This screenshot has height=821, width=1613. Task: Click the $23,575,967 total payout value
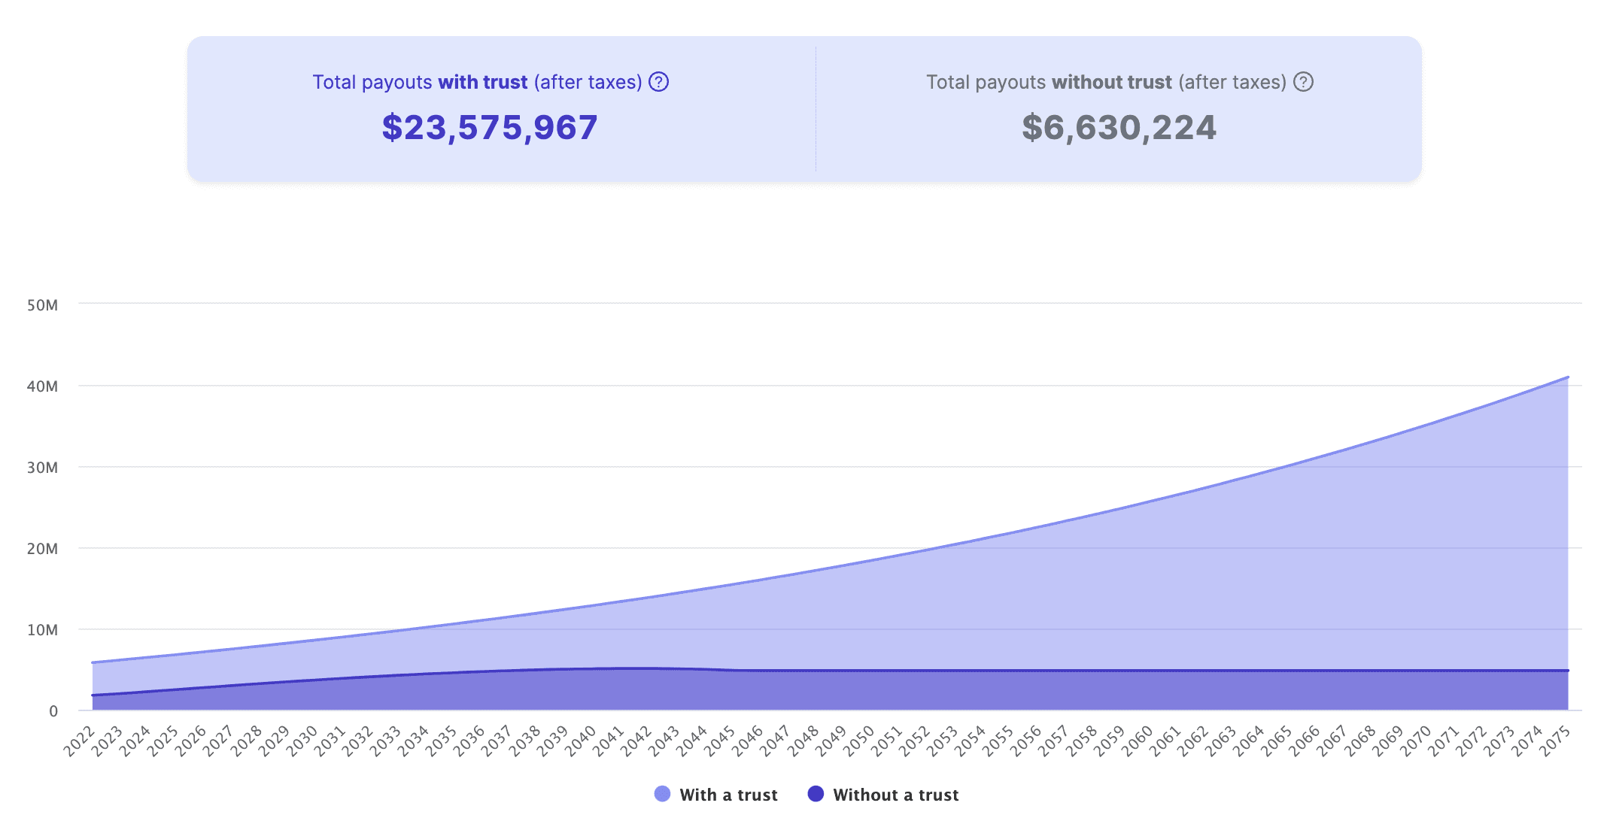click(x=490, y=128)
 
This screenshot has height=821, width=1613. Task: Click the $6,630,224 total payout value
click(x=1119, y=128)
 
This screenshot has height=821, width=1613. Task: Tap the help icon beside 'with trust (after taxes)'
click(x=659, y=82)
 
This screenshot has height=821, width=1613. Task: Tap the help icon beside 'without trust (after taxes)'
click(x=1303, y=82)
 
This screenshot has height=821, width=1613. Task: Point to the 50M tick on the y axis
click(x=42, y=305)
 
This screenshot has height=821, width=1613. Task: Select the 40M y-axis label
click(x=42, y=386)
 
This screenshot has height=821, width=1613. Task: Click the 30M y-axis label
click(x=42, y=468)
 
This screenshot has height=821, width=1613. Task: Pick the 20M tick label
click(x=42, y=549)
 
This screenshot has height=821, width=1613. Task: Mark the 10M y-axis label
click(x=42, y=630)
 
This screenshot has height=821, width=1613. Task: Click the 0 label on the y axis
click(x=53, y=711)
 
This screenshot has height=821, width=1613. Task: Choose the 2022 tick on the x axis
click(x=80, y=741)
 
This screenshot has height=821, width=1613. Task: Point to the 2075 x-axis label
click(x=1555, y=741)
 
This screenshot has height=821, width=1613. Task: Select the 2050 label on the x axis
click(x=859, y=741)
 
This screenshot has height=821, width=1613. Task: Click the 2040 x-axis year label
click(x=581, y=741)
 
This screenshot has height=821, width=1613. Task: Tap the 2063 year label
click(x=1221, y=741)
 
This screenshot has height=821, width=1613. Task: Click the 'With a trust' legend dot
click(x=662, y=794)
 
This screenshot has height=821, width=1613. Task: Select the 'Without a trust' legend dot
click(x=816, y=794)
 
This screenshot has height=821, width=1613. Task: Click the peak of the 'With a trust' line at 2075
click(x=1568, y=377)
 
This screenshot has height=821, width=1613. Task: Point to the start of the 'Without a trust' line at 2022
click(x=93, y=695)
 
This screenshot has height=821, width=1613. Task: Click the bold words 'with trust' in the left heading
click(x=483, y=82)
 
